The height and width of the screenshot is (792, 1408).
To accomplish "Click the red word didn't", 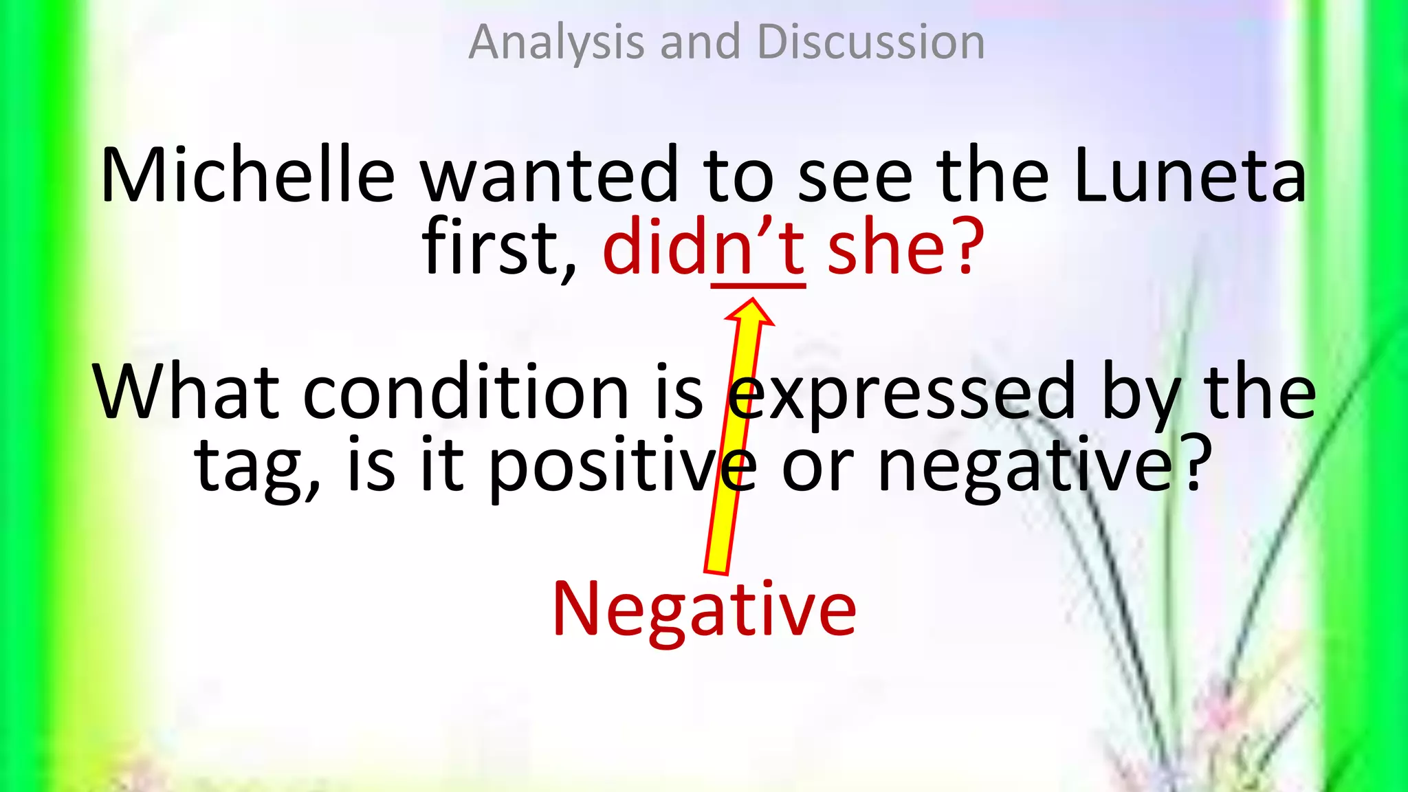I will pyautogui.click(x=703, y=247).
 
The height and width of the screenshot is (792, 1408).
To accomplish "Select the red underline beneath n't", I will pyautogui.click(x=758, y=285).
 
